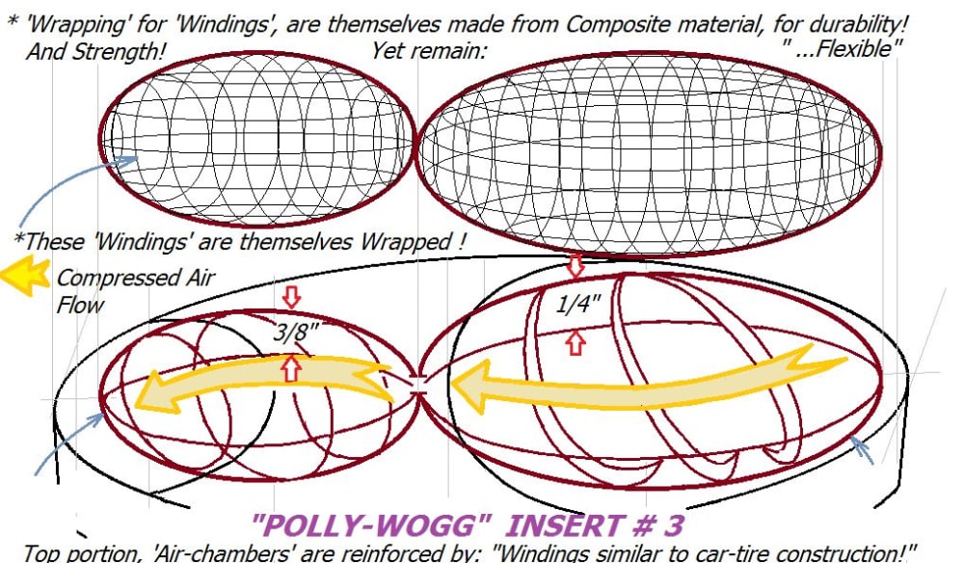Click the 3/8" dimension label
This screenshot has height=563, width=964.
296,333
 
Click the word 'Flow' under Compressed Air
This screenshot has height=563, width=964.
80,305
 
